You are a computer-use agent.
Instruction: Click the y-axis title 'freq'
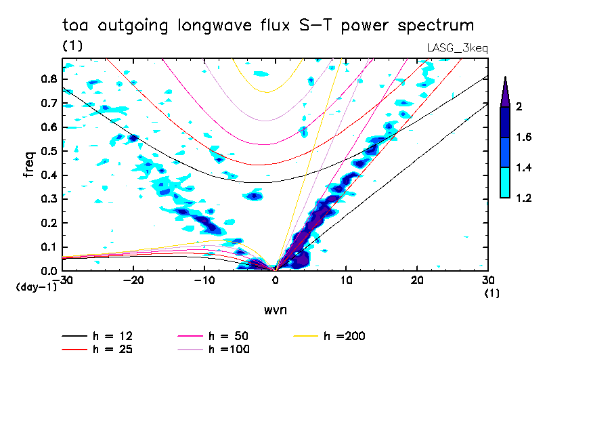pos(29,165)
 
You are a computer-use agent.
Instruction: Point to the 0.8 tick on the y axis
pos(47,79)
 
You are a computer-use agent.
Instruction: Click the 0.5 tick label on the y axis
pos(47,151)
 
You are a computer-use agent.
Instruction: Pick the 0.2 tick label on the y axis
pos(47,224)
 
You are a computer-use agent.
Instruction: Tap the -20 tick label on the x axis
pos(133,280)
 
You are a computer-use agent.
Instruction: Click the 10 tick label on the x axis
pos(346,280)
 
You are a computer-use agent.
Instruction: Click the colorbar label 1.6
pos(524,138)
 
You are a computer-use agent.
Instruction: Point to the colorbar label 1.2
pos(524,198)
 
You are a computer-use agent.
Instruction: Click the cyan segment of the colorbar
pos(504,182)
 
